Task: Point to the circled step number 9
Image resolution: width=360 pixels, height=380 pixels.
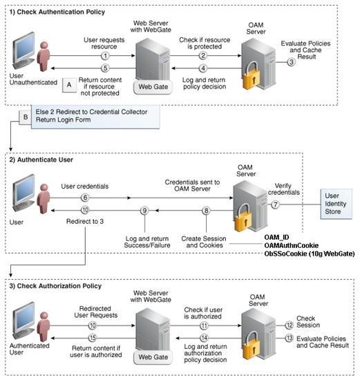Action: coord(144,210)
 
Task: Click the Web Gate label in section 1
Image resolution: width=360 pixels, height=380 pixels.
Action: coord(153,87)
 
